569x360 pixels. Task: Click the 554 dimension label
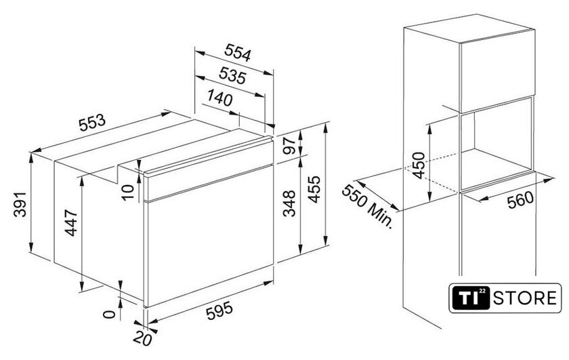(x=238, y=53)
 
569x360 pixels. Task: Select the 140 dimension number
(x=219, y=98)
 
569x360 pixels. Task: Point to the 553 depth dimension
(x=92, y=123)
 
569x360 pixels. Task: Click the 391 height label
(x=20, y=204)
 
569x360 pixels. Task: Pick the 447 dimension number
(x=71, y=222)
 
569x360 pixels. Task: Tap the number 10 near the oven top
(x=128, y=192)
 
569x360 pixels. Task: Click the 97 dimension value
(x=289, y=145)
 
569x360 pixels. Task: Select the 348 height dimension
(x=289, y=203)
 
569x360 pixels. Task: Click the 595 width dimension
(x=219, y=311)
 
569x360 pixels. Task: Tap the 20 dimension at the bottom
(x=142, y=339)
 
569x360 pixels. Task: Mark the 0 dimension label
(x=109, y=314)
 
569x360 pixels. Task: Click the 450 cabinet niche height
(x=419, y=165)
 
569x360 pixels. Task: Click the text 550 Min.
(x=367, y=206)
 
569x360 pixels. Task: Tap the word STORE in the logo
(x=525, y=298)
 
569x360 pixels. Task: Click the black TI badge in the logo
(x=471, y=298)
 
